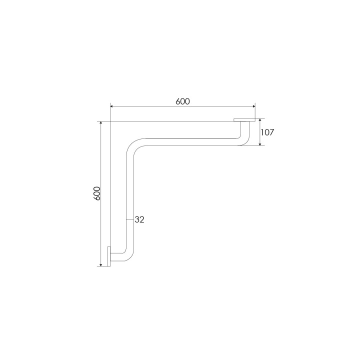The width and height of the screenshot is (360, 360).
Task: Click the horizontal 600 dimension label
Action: click(x=183, y=101)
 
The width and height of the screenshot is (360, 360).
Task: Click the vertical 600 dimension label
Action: click(x=97, y=193)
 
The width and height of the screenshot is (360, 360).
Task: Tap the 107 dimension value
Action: click(x=267, y=132)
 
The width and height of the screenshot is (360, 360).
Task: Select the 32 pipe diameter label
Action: click(x=139, y=219)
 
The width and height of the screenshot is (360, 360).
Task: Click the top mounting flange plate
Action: click(x=244, y=120)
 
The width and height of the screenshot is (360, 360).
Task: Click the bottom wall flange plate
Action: click(x=109, y=256)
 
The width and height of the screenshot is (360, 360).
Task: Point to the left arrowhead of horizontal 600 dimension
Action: click(x=111, y=106)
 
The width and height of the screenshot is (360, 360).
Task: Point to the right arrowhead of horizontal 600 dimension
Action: click(x=254, y=106)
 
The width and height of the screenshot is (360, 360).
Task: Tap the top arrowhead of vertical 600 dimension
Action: click(x=101, y=123)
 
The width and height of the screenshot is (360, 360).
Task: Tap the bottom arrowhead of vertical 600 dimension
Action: click(x=101, y=265)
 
